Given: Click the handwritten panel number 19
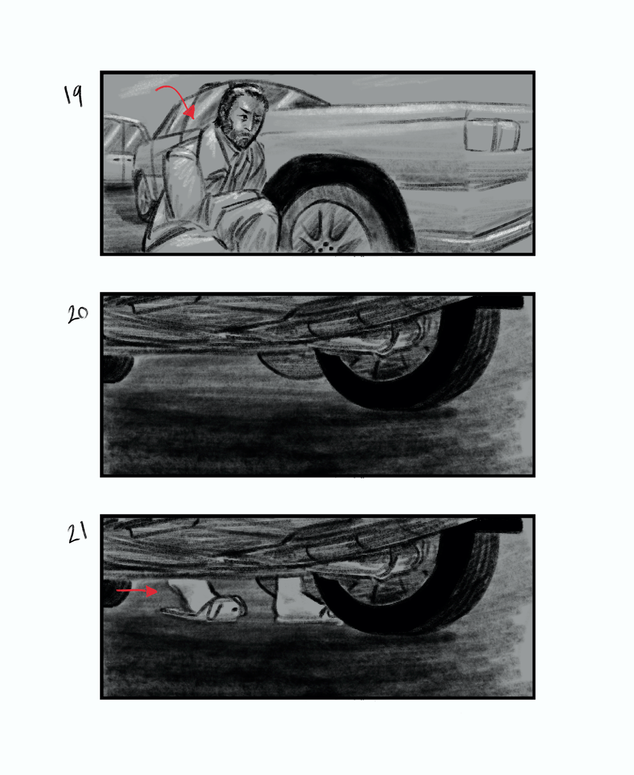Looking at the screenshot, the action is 73,96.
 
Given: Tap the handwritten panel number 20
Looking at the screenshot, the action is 77,314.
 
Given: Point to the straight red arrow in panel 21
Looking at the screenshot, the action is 137,590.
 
